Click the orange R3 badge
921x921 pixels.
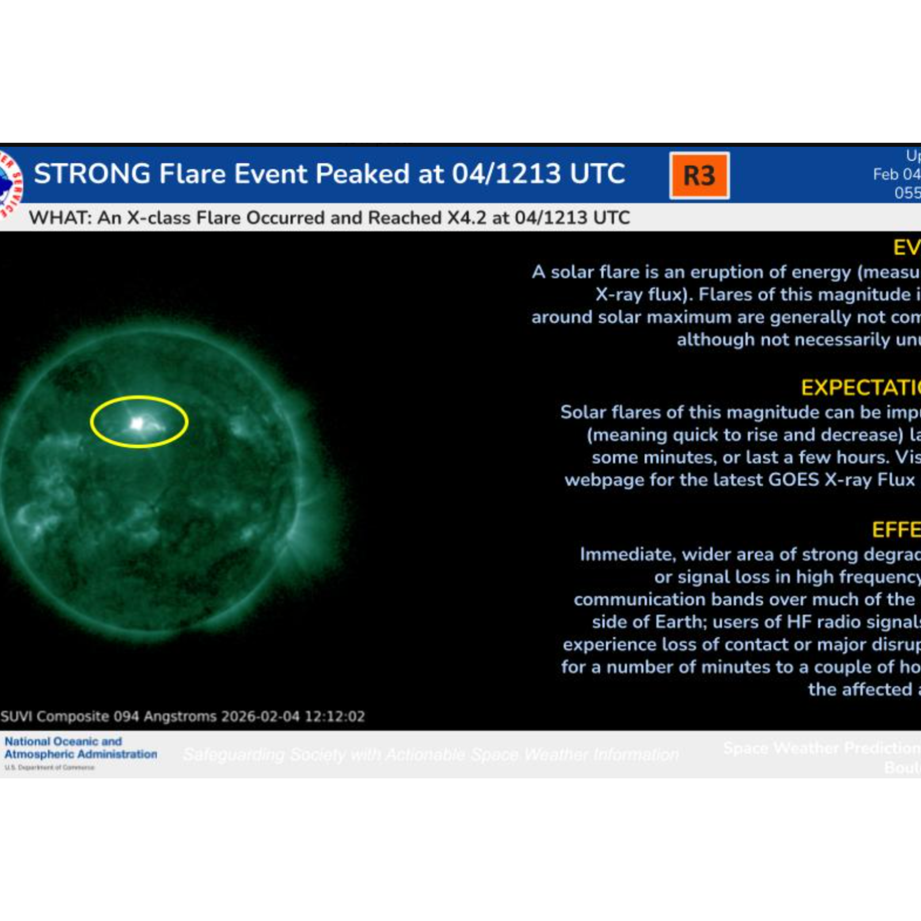coord(699,176)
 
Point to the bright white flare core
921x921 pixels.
coord(137,424)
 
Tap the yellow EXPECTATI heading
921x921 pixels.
coord(860,388)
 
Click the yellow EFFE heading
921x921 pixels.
coord(896,530)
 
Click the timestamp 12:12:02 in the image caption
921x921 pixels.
coord(334,717)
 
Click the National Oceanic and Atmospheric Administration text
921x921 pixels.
coord(80,748)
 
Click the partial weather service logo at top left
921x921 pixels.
coord(9,183)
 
